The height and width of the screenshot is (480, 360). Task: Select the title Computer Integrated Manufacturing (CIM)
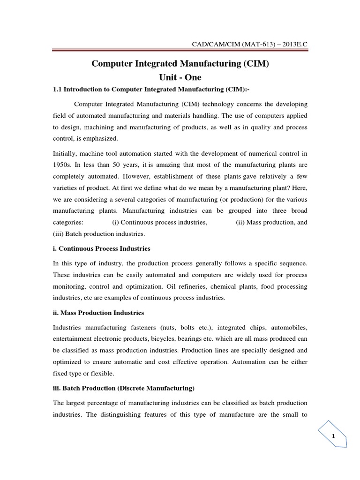[180, 64]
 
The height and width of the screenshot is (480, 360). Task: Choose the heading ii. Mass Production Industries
[98, 312]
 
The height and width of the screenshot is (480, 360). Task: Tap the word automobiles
[289, 327]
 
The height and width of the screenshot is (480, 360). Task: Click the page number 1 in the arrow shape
[333, 436]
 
